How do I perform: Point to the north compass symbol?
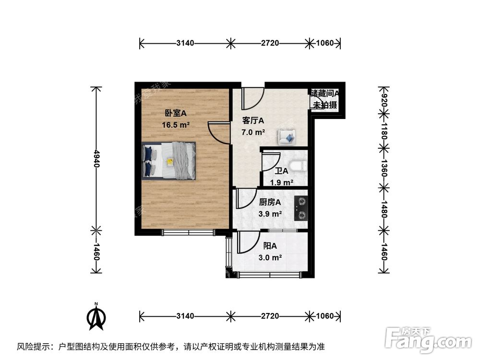pos(96,317)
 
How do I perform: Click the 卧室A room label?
pos(175,113)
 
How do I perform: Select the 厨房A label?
pos(270,203)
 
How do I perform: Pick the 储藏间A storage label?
pos(325,94)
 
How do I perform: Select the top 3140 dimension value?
pos(185,43)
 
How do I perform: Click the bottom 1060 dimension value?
pos(324,316)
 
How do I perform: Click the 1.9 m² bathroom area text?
pos(281,182)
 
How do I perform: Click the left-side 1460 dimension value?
pos(96,252)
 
